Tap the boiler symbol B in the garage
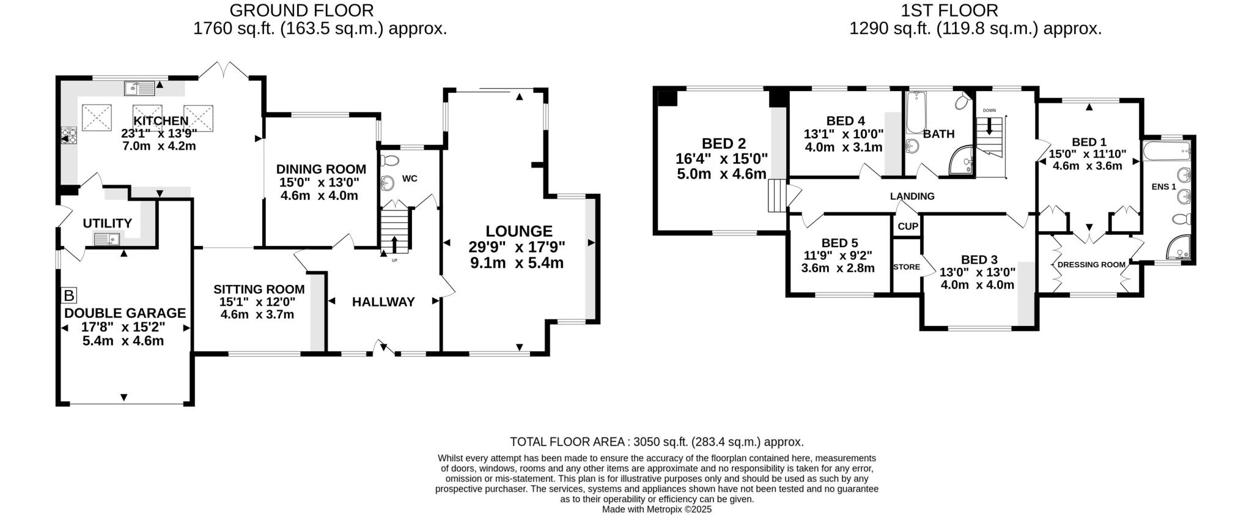click(69, 296)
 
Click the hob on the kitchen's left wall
click(68, 135)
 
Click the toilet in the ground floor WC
click(389, 161)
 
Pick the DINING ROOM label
click(321, 169)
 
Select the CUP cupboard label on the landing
click(908, 226)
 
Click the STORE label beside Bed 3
click(906, 267)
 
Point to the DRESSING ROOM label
click(1091, 265)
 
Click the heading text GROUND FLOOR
click(301, 10)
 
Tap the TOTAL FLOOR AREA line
click(657, 442)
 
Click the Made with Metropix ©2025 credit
click(657, 509)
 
